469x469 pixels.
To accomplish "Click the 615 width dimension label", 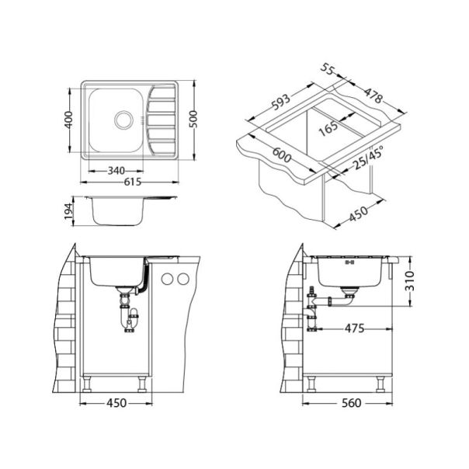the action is (133, 182).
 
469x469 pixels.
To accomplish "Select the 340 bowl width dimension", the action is (116, 171).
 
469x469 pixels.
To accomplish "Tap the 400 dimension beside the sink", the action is (69, 120).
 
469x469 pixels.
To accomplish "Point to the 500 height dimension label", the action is (193, 119).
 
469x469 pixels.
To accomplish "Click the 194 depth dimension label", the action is (69, 211).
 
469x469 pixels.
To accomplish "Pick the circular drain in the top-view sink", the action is (123, 120).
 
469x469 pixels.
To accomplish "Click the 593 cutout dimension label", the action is (280, 102).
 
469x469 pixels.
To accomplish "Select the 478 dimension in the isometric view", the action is (373, 95).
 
